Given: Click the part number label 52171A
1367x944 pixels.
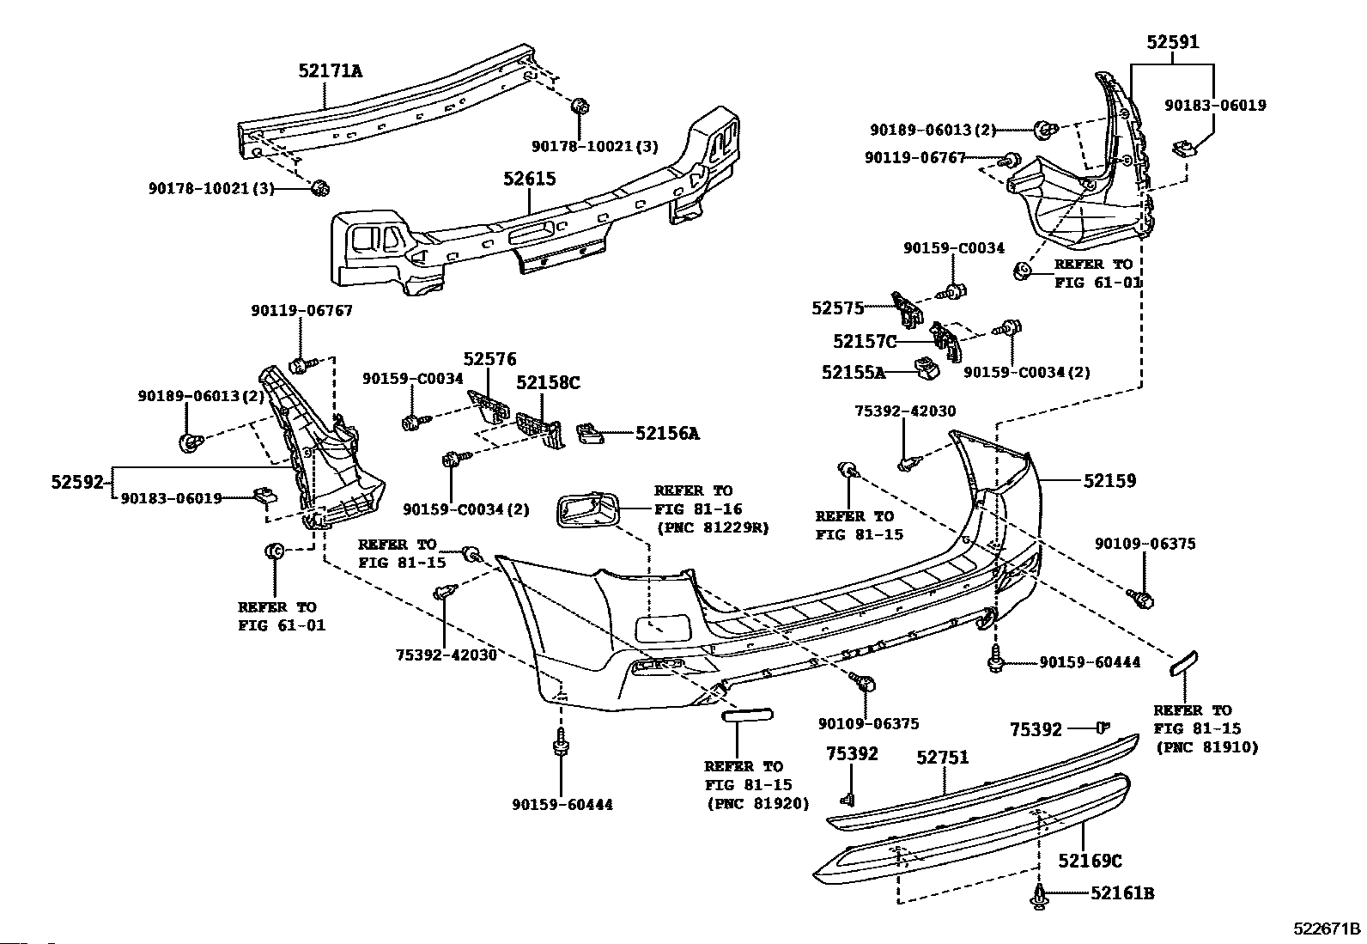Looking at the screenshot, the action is pos(330,71).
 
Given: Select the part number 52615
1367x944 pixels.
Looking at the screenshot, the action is pos(530,179).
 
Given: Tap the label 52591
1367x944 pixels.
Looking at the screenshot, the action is pos(1172,42).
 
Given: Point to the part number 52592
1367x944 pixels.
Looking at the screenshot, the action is pos(77,483).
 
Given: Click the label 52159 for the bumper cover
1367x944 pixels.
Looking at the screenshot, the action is pos(1110,481).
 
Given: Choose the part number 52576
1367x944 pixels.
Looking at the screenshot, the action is pos(489,359).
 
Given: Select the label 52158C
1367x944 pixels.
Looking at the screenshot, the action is pos(548,383).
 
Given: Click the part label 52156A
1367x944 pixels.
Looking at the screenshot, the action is pos(668,434).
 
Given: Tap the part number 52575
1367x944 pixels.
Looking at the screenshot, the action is pos(837,308).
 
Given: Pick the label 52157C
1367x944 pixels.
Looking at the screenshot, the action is pos(865,341).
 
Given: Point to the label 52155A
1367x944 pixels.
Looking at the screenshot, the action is pos(854,373).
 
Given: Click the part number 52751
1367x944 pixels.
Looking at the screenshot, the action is pos(943,758).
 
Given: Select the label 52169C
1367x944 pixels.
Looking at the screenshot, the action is pos(1090,861).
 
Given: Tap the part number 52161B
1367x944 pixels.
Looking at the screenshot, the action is pos(1122,893).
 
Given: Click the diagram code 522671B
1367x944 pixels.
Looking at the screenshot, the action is pos(1327,929).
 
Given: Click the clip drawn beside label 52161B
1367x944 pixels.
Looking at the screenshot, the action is pos(1039,897).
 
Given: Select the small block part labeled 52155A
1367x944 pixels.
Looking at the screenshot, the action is pos(927,368).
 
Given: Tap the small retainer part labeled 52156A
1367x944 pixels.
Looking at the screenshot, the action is pos(590,433).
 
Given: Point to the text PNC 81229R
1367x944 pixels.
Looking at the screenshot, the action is pos(713,527).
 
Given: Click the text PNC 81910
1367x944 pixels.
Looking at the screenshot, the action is pos(1207,747).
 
